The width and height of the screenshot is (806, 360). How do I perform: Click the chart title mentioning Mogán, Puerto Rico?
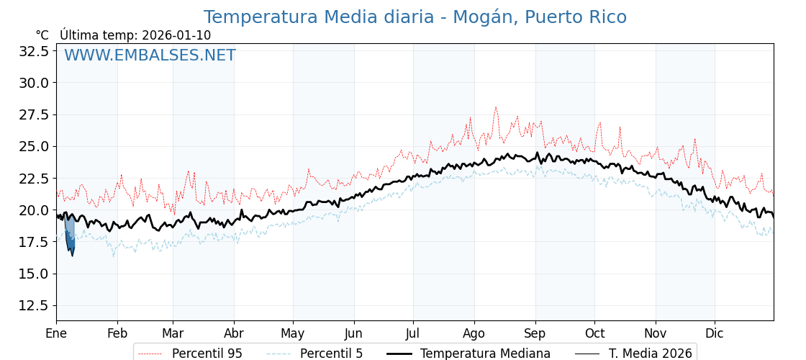pyautogui.click(x=415, y=17)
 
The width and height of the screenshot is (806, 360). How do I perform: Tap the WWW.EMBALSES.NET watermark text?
pyautogui.click(x=150, y=55)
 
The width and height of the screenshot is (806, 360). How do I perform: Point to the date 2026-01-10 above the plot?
pyautogui.click(x=176, y=35)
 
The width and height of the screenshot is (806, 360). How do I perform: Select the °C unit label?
pyautogui.click(x=42, y=35)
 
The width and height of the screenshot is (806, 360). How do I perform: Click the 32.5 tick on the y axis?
pyautogui.click(x=34, y=51)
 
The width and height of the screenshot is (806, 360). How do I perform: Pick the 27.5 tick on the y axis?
pyautogui.click(x=34, y=114)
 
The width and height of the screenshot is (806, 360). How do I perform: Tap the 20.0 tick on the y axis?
pyautogui.click(x=34, y=210)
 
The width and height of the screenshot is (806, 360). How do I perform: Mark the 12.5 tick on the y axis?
pyautogui.click(x=34, y=305)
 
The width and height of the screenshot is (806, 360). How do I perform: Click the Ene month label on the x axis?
pyautogui.click(x=56, y=333)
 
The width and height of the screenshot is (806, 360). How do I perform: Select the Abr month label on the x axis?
pyautogui.click(x=234, y=333)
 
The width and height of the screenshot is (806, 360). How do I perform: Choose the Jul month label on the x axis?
pyautogui.click(x=413, y=333)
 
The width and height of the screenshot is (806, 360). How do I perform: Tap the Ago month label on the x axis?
pyautogui.click(x=474, y=333)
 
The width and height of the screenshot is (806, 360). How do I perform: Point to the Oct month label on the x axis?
pyautogui.click(x=594, y=333)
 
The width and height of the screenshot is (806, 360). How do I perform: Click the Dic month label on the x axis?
pyautogui.click(x=715, y=333)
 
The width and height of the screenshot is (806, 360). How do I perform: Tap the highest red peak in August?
pyautogui.click(x=495, y=108)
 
